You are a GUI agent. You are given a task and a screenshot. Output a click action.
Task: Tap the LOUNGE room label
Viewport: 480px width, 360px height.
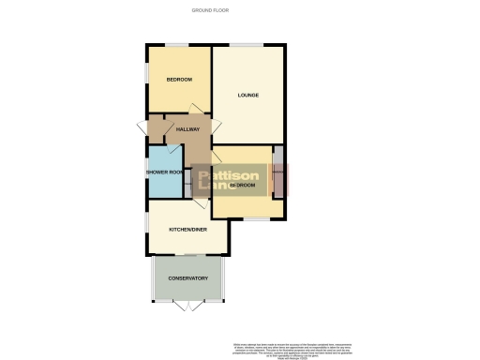[x=248, y=95]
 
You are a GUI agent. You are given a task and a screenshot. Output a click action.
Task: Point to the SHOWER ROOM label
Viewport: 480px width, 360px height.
[x=163, y=172]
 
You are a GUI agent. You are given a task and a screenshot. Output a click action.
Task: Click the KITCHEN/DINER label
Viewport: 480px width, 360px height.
[x=187, y=230]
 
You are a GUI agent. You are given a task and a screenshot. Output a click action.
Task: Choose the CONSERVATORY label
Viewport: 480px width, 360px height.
[x=187, y=278]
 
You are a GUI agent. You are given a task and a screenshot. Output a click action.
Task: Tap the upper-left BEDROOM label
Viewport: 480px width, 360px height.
[x=179, y=80]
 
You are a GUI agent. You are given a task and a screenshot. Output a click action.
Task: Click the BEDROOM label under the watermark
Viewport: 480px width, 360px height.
[x=241, y=186]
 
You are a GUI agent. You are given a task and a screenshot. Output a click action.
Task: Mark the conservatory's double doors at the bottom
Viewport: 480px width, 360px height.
[x=188, y=307]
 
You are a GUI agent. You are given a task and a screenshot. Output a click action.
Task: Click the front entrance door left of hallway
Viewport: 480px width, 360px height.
[x=142, y=127]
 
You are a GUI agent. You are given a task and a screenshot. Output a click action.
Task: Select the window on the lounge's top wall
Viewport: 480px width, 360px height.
[x=247, y=44]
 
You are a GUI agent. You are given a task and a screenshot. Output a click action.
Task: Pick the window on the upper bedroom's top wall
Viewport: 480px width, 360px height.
[x=177, y=44]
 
